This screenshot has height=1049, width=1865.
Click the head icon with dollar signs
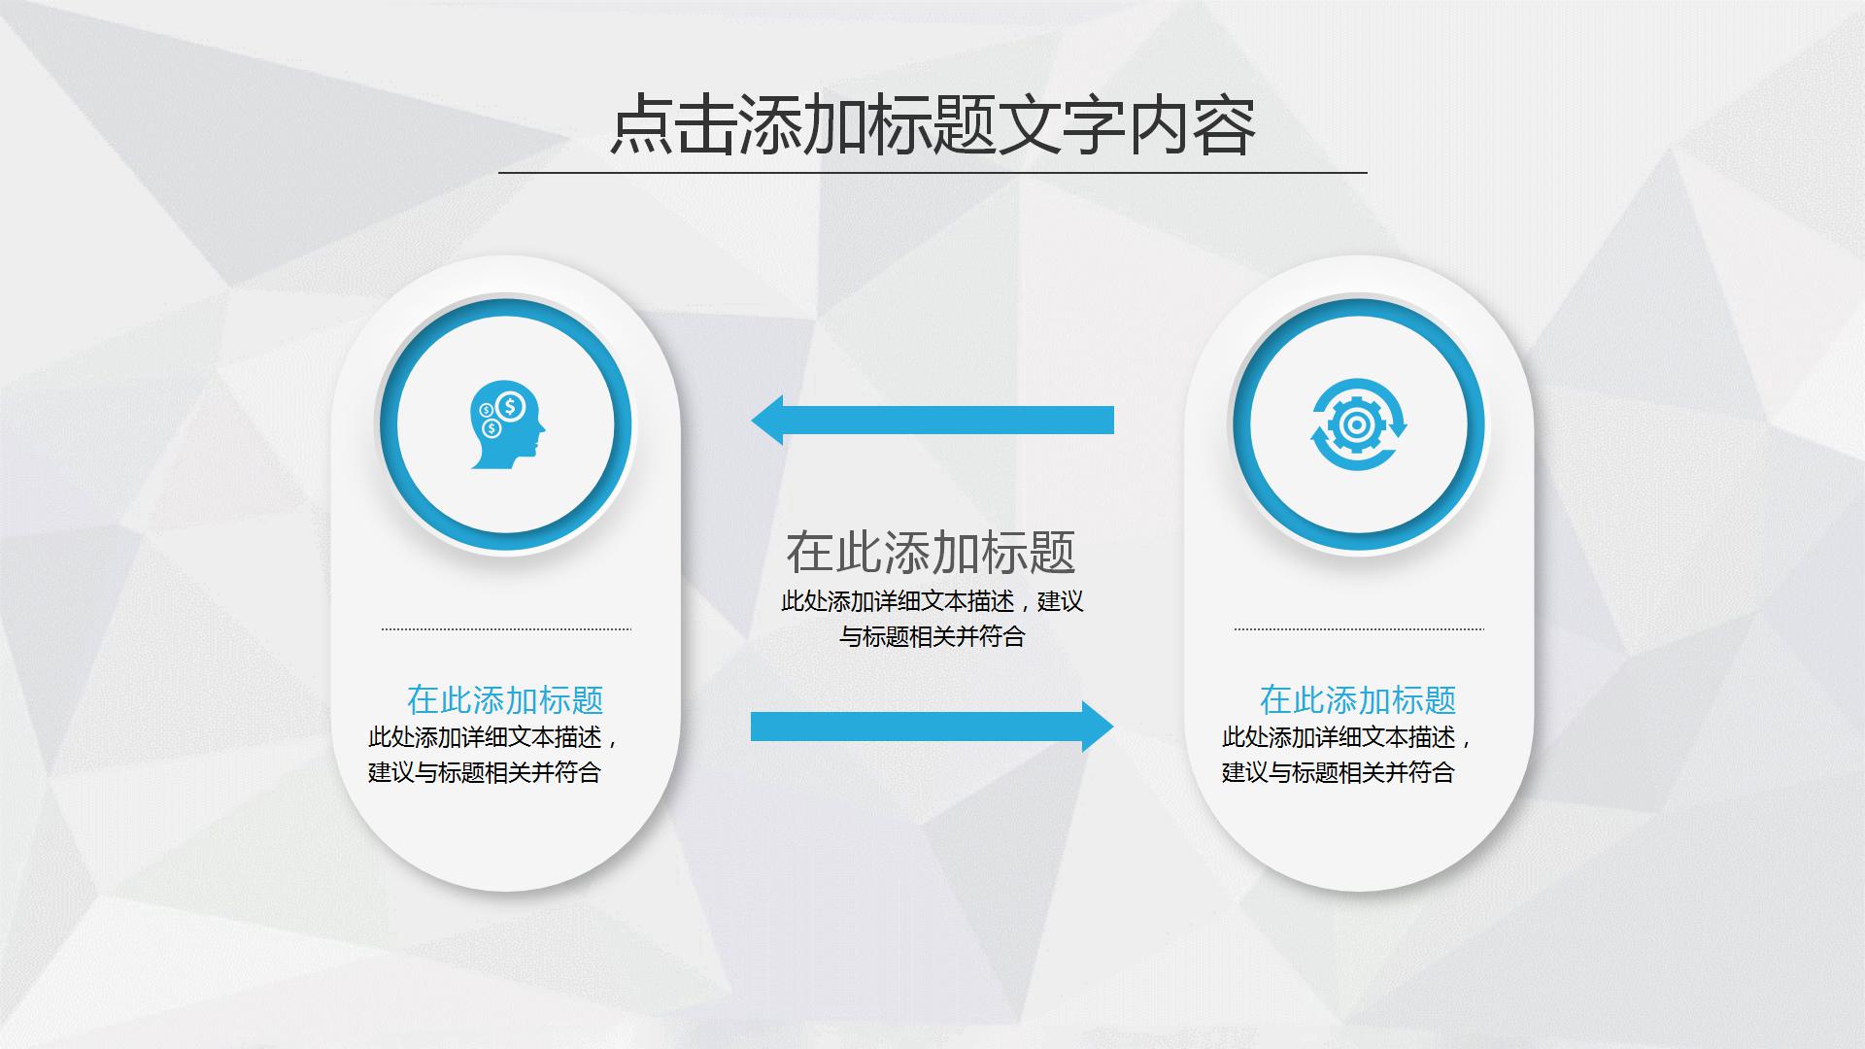(x=506, y=425)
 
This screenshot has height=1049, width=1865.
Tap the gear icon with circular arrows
(x=1358, y=425)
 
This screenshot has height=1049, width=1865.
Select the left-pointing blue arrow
(x=932, y=420)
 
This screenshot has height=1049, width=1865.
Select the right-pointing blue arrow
(x=932, y=727)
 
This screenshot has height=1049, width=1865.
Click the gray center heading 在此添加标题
(x=931, y=552)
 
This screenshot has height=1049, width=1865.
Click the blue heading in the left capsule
(x=505, y=699)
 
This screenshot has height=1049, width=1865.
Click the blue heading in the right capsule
(x=1358, y=699)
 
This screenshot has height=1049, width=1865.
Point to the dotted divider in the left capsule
(x=506, y=629)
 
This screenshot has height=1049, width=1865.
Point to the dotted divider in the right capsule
(x=1359, y=629)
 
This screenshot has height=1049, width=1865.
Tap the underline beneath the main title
(x=932, y=173)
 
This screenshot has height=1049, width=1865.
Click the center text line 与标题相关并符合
(x=932, y=637)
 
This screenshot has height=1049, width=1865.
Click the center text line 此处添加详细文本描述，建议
(x=932, y=601)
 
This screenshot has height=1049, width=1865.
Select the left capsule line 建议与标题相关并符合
(x=485, y=772)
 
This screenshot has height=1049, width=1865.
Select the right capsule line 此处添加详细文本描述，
(x=1347, y=737)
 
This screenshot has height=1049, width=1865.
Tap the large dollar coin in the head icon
(x=511, y=405)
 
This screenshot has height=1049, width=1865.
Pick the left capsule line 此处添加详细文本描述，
(x=493, y=737)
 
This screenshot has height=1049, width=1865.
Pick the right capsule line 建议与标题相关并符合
(x=1338, y=772)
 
